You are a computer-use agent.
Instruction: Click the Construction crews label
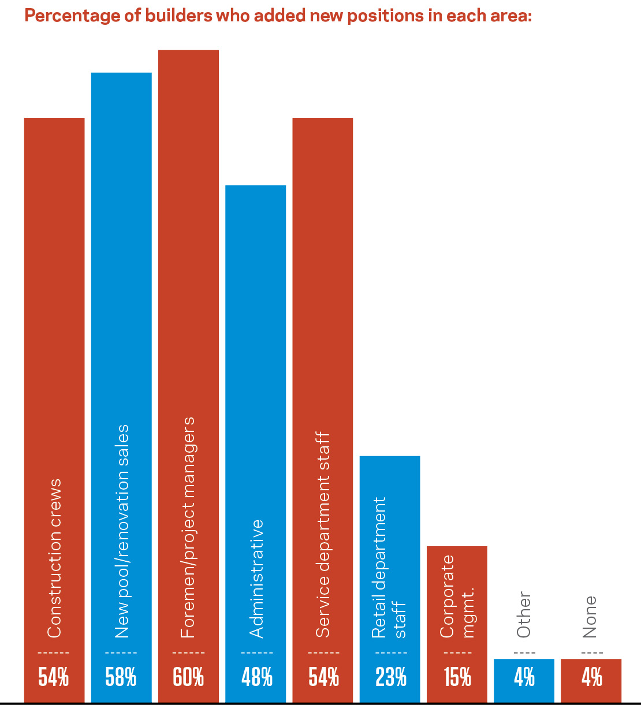coord(54,558)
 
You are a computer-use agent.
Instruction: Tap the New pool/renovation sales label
coord(121,531)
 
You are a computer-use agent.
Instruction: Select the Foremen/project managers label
coord(188,527)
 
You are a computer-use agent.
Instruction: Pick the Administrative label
coord(256,579)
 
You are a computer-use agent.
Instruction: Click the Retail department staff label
coord(390,568)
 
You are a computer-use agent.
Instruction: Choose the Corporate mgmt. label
coord(457,596)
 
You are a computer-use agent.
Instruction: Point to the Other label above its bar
coord(524,614)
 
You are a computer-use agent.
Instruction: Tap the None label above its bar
coord(590,617)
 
